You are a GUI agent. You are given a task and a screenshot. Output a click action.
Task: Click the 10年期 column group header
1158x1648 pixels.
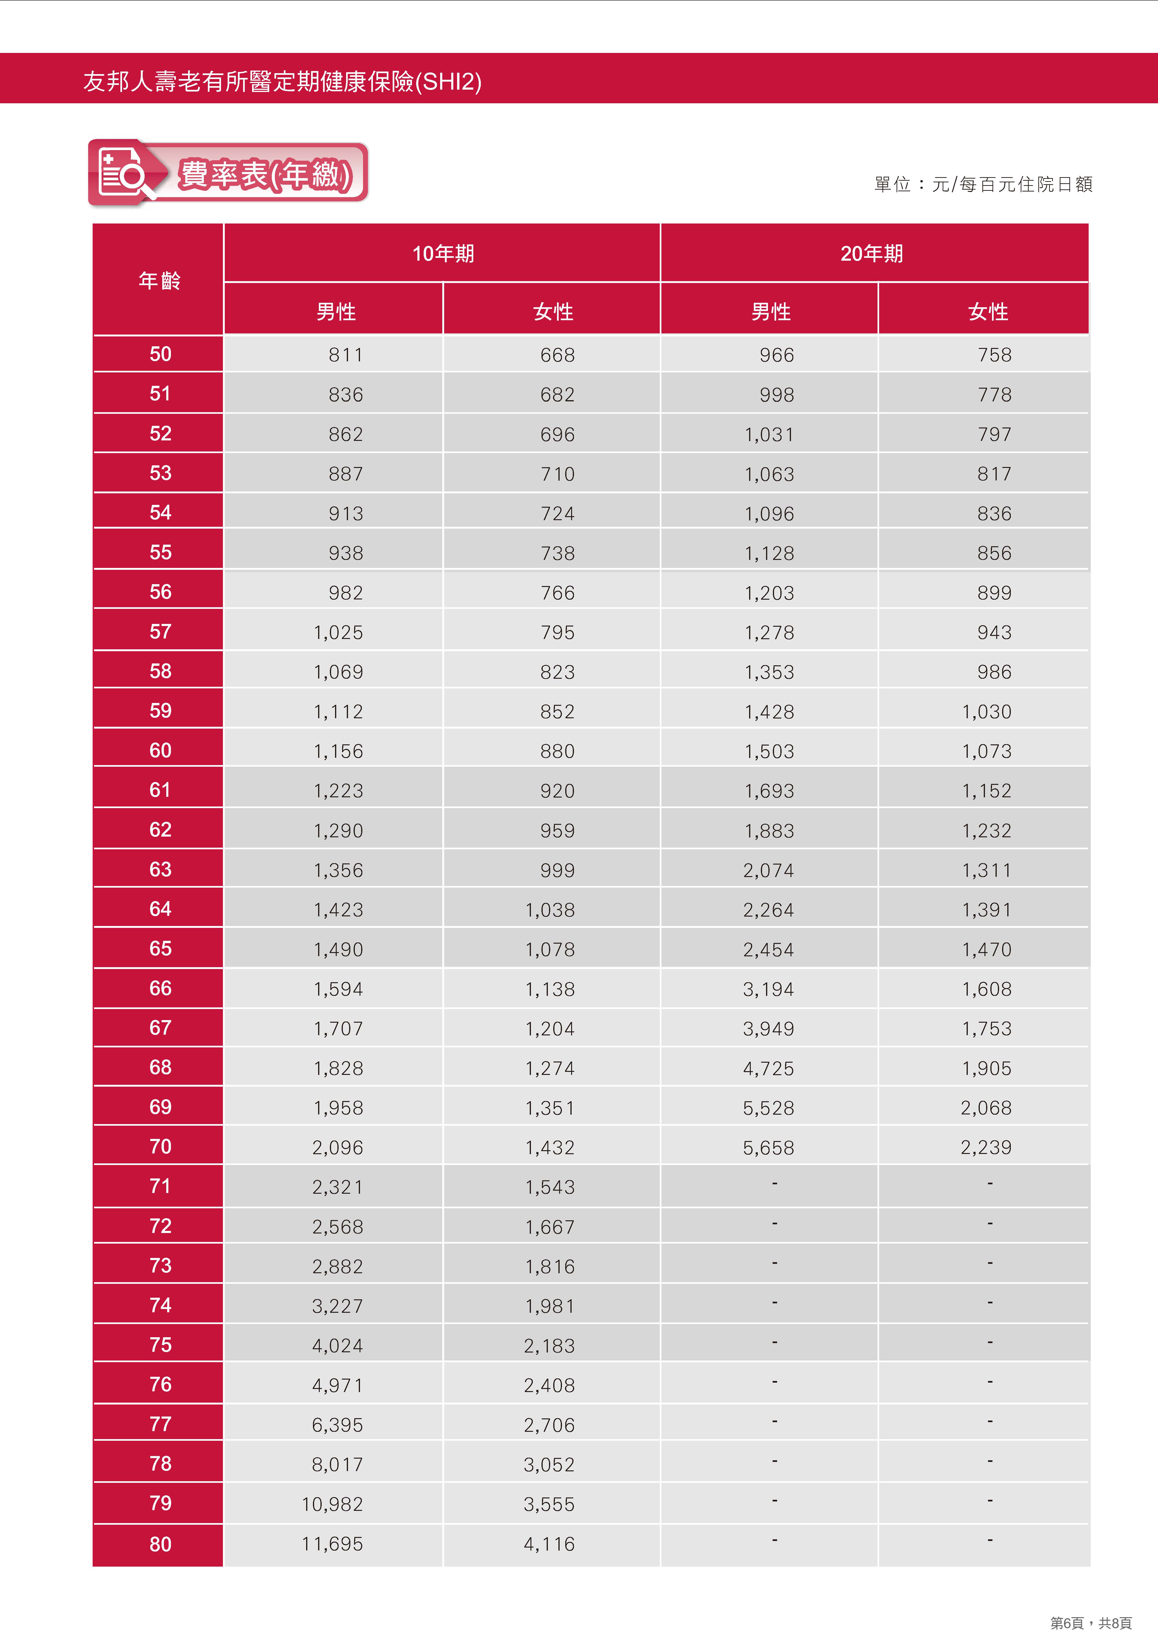pyautogui.click(x=443, y=253)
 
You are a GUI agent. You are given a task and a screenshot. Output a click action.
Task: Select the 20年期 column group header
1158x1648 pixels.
pyautogui.click(x=872, y=253)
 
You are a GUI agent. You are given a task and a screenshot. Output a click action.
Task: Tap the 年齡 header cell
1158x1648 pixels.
pyautogui.click(x=159, y=280)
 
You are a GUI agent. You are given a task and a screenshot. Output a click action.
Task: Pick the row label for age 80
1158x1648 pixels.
pyautogui.click(x=160, y=1544)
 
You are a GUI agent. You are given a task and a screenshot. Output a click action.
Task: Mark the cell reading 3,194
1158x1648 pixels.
pyautogui.click(x=768, y=989)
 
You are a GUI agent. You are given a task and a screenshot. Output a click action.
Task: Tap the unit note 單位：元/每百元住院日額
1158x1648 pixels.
pyautogui.click(x=983, y=184)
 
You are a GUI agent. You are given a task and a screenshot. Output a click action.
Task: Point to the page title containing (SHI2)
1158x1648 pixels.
pyautogui.click(x=282, y=81)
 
